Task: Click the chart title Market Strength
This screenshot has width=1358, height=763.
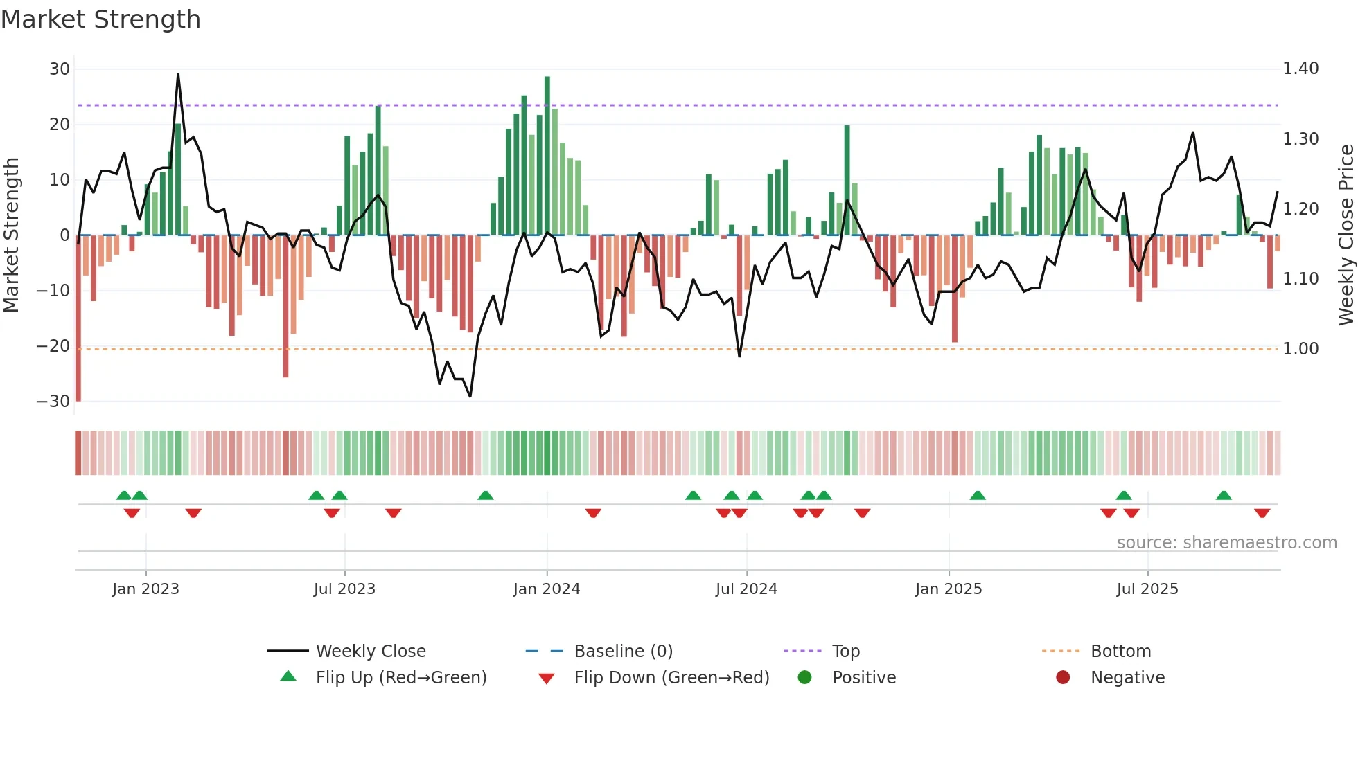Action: pyautogui.click(x=100, y=19)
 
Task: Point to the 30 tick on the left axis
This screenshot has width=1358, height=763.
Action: pyautogui.click(x=60, y=69)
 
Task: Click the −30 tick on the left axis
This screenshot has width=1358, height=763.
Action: pyautogui.click(x=53, y=402)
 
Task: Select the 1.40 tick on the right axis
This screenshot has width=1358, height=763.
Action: pyautogui.click(x=1300, y=69)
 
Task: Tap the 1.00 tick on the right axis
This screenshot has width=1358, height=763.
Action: pyautogui.click(x=1300, y=349)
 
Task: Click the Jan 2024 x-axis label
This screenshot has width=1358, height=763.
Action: pyautogui.click(x=547, y=589)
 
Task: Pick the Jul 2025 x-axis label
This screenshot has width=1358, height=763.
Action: pyautogui.click(x=1147, y=589)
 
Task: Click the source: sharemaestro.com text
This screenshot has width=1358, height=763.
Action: pyautogui.click(x=1226, y=543)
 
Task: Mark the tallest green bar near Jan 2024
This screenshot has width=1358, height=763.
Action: pyautogui.click(x=547, y=156)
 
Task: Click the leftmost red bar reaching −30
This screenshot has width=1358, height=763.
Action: pyautogui.click(x=78, y=318)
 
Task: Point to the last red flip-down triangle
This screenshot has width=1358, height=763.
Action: pyautogui.click(x=1262, y=513)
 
